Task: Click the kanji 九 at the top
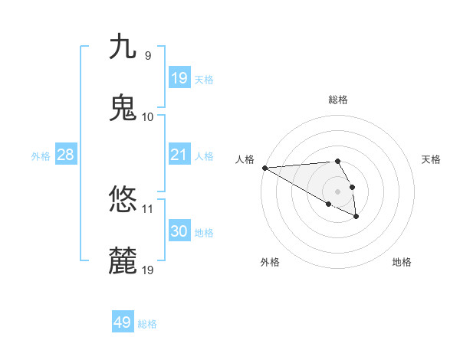pyautogui.click(x=123, y=47)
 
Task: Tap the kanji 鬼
pyautogui.click(x=123, y=108)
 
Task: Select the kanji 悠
pyautogui.click(x=123, y=200)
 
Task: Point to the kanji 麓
pyautogui.click(x=123, y=261)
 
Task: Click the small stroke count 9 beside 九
pyautogui.click(x=148, y=55)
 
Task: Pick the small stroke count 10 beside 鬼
pyautogui.click(x=148, y=116)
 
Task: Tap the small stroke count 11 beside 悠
pyautogui.click(x=148, y=208)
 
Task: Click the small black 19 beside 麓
pyautogui.click(x=148, y=270)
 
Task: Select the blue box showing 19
pyautogui.click(x=179, y=78)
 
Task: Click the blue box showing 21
pyautogui.click(x=179, y=155)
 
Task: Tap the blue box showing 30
pyautogui.click(x=179, y=231)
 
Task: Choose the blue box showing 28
pyautogui.click(x=66, y=155)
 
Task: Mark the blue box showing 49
pyautogui.click(x=123, y=322)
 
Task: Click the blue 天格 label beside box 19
pyautogui.click(x=204, y=80)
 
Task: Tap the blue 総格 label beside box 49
pyautogui.click(x=148, y=324)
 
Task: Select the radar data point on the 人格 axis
pyautogui.click(x=264, y=168)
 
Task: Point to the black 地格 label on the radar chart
pyautogui.click(x=402, y=262)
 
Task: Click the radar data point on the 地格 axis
pyautogui.click(x=356, y=218)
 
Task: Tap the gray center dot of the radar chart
pyautogui.click(x=337, y=191)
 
